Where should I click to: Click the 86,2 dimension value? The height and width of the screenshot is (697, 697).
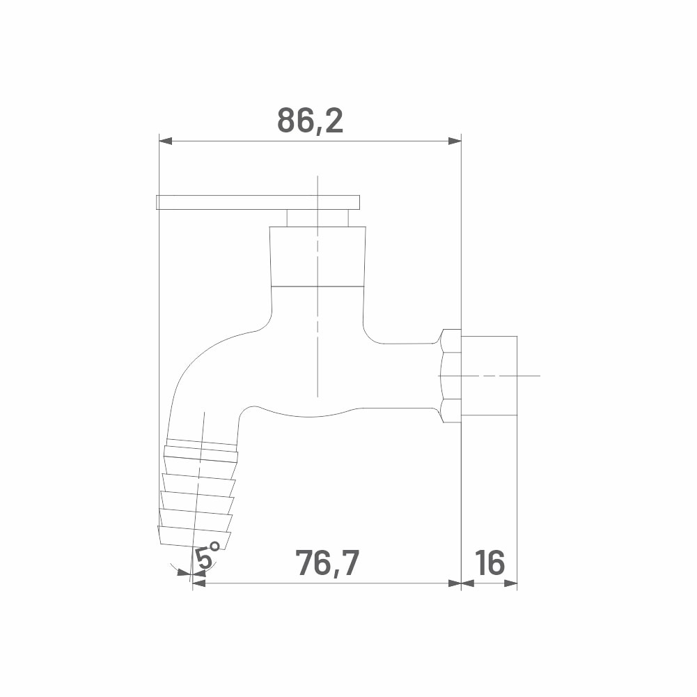point(311,120)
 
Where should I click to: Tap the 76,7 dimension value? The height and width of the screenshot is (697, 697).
point(327,562)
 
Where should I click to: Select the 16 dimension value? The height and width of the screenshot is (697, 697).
point(490,562)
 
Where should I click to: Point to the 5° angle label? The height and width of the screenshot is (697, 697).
point(207,556)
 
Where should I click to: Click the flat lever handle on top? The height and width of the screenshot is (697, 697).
point(258,202)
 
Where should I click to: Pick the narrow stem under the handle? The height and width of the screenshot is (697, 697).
point(318,218)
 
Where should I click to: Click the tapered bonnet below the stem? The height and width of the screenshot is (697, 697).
point(318,256)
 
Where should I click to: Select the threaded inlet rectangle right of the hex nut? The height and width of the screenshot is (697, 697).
point(489,376)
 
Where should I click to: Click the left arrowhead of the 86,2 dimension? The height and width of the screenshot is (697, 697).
point(165,141)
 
